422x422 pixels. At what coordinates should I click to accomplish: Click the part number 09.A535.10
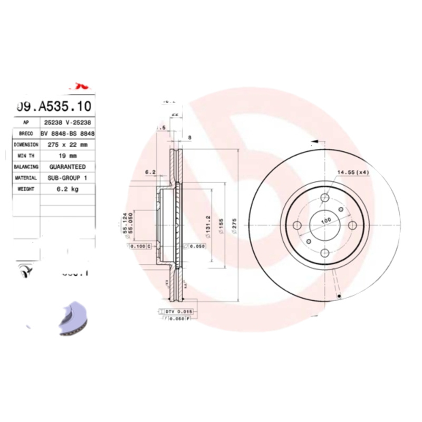point(54,107)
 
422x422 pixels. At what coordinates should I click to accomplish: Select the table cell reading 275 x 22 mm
point(68,145)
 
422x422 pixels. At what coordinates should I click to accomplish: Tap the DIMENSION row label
point(25,145)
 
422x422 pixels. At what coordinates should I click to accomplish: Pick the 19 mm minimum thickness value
point(68,156)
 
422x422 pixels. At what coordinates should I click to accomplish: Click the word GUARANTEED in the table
point(68,167)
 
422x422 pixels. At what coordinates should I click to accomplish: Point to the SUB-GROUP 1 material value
point(68,178)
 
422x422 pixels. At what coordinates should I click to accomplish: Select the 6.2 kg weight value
point(68,189)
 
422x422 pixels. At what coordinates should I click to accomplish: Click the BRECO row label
point(25,134)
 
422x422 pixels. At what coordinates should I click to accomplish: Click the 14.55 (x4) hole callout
point(353,172)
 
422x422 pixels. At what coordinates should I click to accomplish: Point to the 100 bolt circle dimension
point(326,220)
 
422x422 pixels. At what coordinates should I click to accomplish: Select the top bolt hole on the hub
point(325,198)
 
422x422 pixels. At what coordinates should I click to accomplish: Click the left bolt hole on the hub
point(296,226)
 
